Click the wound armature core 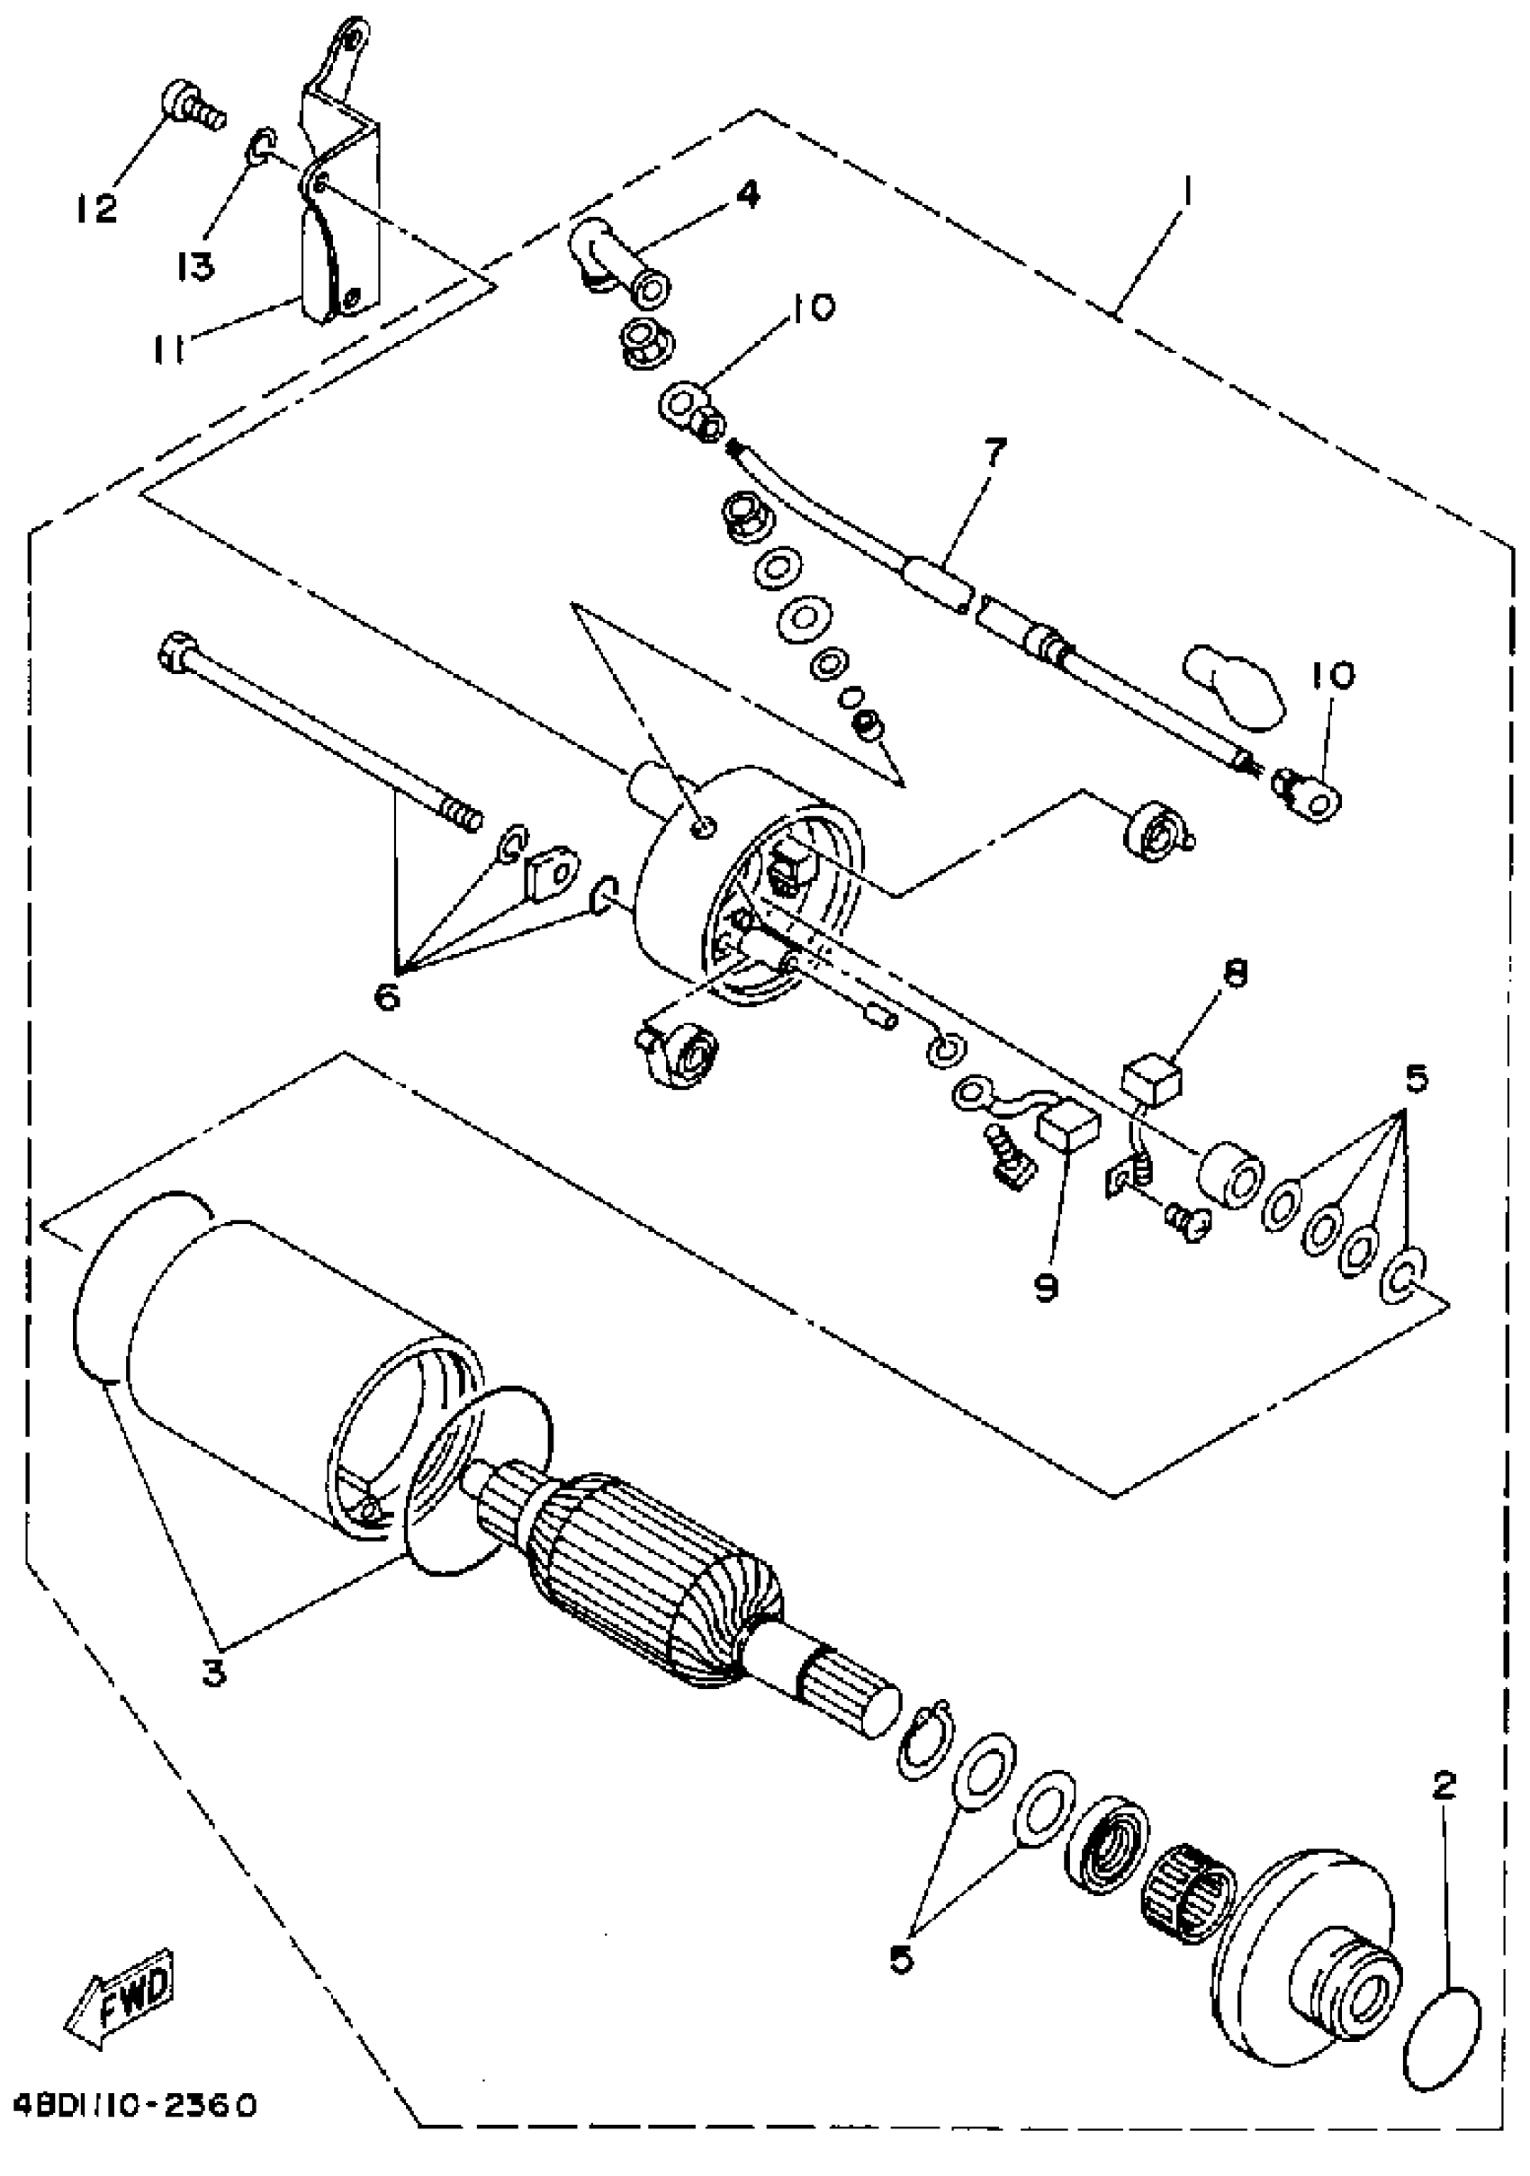point(663,1569)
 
